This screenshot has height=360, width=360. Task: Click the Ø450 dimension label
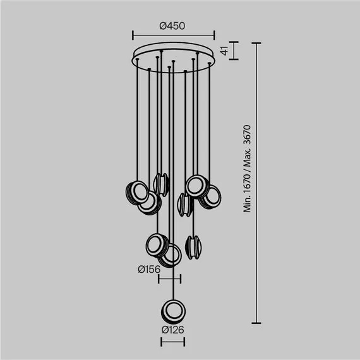(x=172, y=26)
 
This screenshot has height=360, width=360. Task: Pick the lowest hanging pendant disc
(x=172, y=310)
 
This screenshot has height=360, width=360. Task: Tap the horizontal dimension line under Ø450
(x=174, y=35)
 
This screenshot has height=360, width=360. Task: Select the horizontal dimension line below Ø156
(x=169, y=279)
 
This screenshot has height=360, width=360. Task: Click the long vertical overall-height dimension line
(x=256, y=183)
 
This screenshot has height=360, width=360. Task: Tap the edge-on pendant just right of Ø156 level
(x=193, y=246)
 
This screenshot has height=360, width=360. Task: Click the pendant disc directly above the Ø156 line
(x=170, y=255)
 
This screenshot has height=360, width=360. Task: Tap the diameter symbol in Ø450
(x=163, y=26)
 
